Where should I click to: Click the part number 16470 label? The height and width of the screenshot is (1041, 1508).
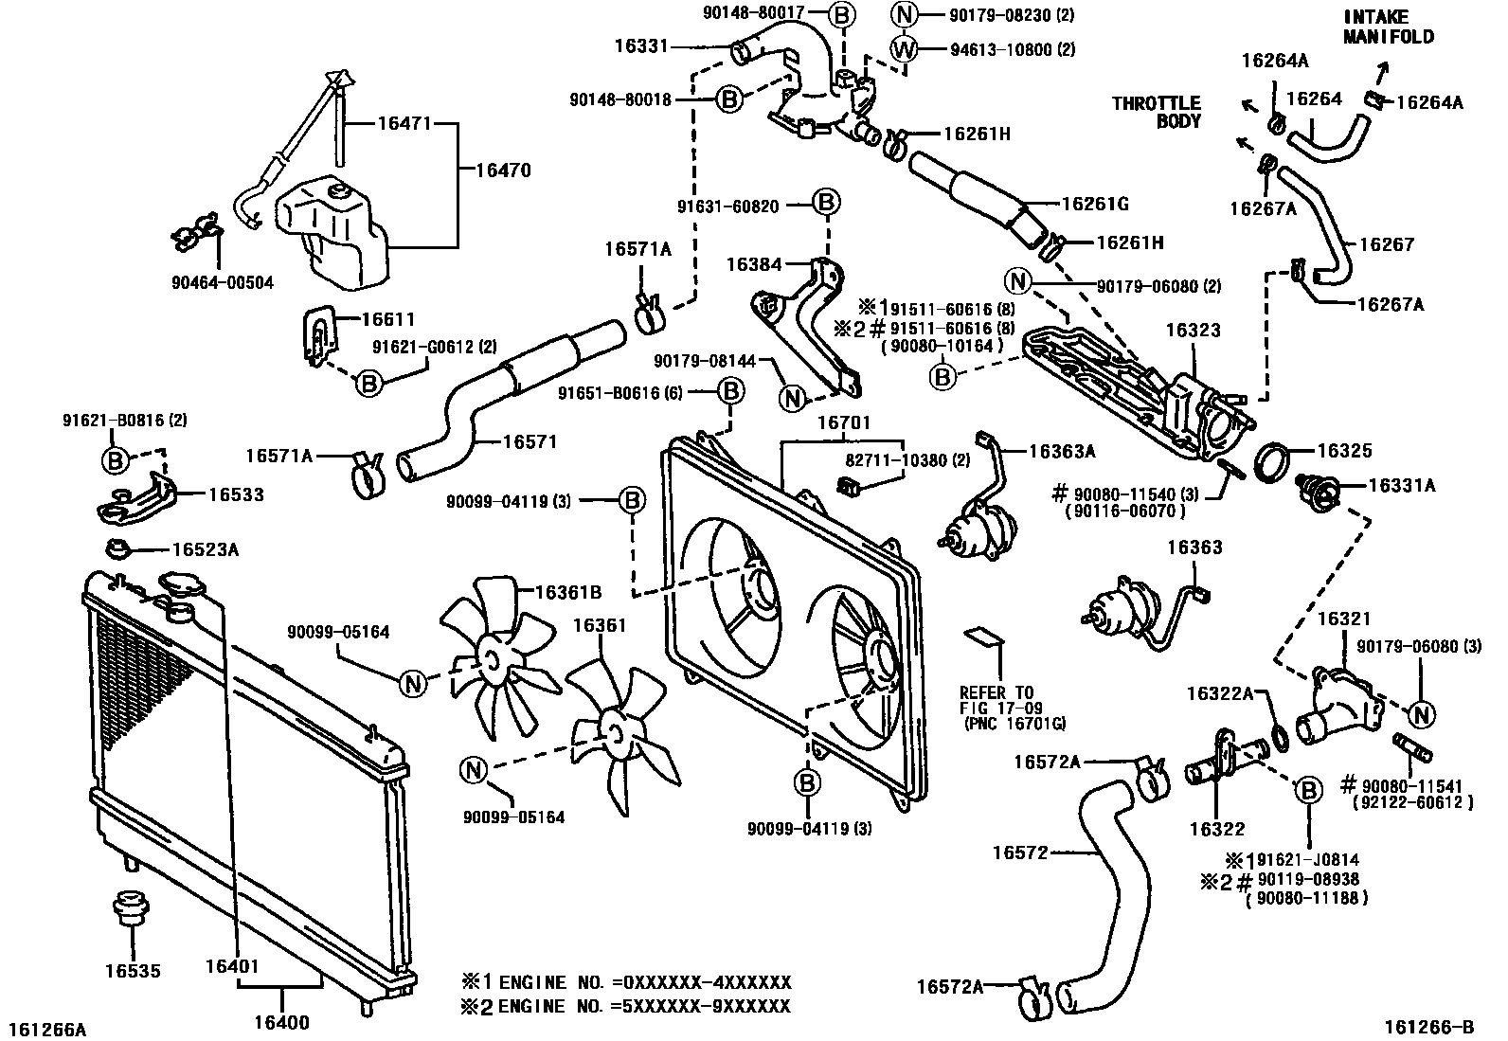(504, 171)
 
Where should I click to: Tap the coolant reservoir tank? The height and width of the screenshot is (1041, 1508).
(332, 231)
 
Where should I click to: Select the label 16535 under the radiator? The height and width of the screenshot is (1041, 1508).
(133, 970)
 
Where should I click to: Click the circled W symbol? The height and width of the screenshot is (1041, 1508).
(904, 48)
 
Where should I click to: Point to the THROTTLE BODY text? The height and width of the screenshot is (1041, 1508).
(1156, 112)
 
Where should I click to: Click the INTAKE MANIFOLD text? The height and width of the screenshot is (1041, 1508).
(1388, 27)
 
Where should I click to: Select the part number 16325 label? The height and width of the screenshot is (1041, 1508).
(1344, 451)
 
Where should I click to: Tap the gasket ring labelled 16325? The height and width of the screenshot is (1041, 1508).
(1272, 462)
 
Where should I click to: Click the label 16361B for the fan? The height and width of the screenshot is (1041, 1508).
(568, 592)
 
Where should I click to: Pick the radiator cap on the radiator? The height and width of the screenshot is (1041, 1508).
(179, 583)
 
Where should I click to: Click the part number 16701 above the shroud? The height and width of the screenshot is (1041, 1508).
(844, 422)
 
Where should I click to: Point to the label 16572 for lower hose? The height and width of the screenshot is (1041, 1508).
(1020, 853)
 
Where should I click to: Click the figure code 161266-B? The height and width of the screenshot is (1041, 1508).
(1428, 1027)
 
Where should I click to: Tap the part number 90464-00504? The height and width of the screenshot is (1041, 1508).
(223, 283)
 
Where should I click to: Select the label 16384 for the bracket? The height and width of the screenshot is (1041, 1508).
(754, 264)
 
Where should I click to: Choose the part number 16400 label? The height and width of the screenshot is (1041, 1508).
(281, 1022)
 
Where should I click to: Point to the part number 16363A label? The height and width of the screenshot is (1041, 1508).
(1063, 451)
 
